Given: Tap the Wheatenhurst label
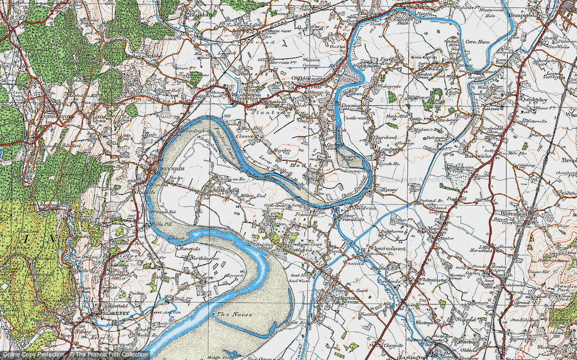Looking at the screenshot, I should [389, 248].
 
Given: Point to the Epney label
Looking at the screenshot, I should [386, 189].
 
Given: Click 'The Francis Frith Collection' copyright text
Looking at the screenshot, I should [102, 354].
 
